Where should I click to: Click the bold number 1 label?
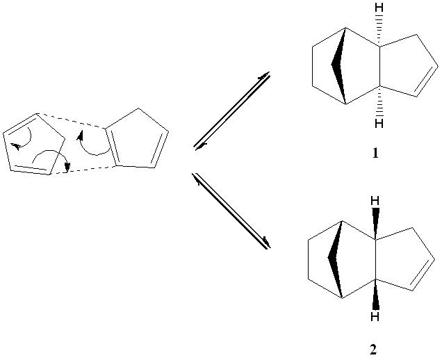click(x=375, y=153)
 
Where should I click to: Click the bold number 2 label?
click(x=373, y=350)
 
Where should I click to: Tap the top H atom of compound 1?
click(x=379, y=8)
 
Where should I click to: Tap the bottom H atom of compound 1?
click(x=379, y=124)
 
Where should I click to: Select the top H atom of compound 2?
click(x=375, y=201)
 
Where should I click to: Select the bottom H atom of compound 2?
click(x=375, y=317)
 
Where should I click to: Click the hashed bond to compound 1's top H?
click(x=379, y=31)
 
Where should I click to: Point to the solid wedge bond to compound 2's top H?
click(x=375, y=224)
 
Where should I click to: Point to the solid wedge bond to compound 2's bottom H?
click(x=375, y=294)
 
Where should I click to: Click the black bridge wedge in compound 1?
click(x=338, y=66)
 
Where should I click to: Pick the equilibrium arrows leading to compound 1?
click(x=232, y=111)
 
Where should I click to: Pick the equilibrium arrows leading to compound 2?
click(x=231, y=211)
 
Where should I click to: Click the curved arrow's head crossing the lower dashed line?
click(x=67, y=167)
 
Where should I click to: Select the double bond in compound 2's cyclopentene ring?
click(x=422, y=275)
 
